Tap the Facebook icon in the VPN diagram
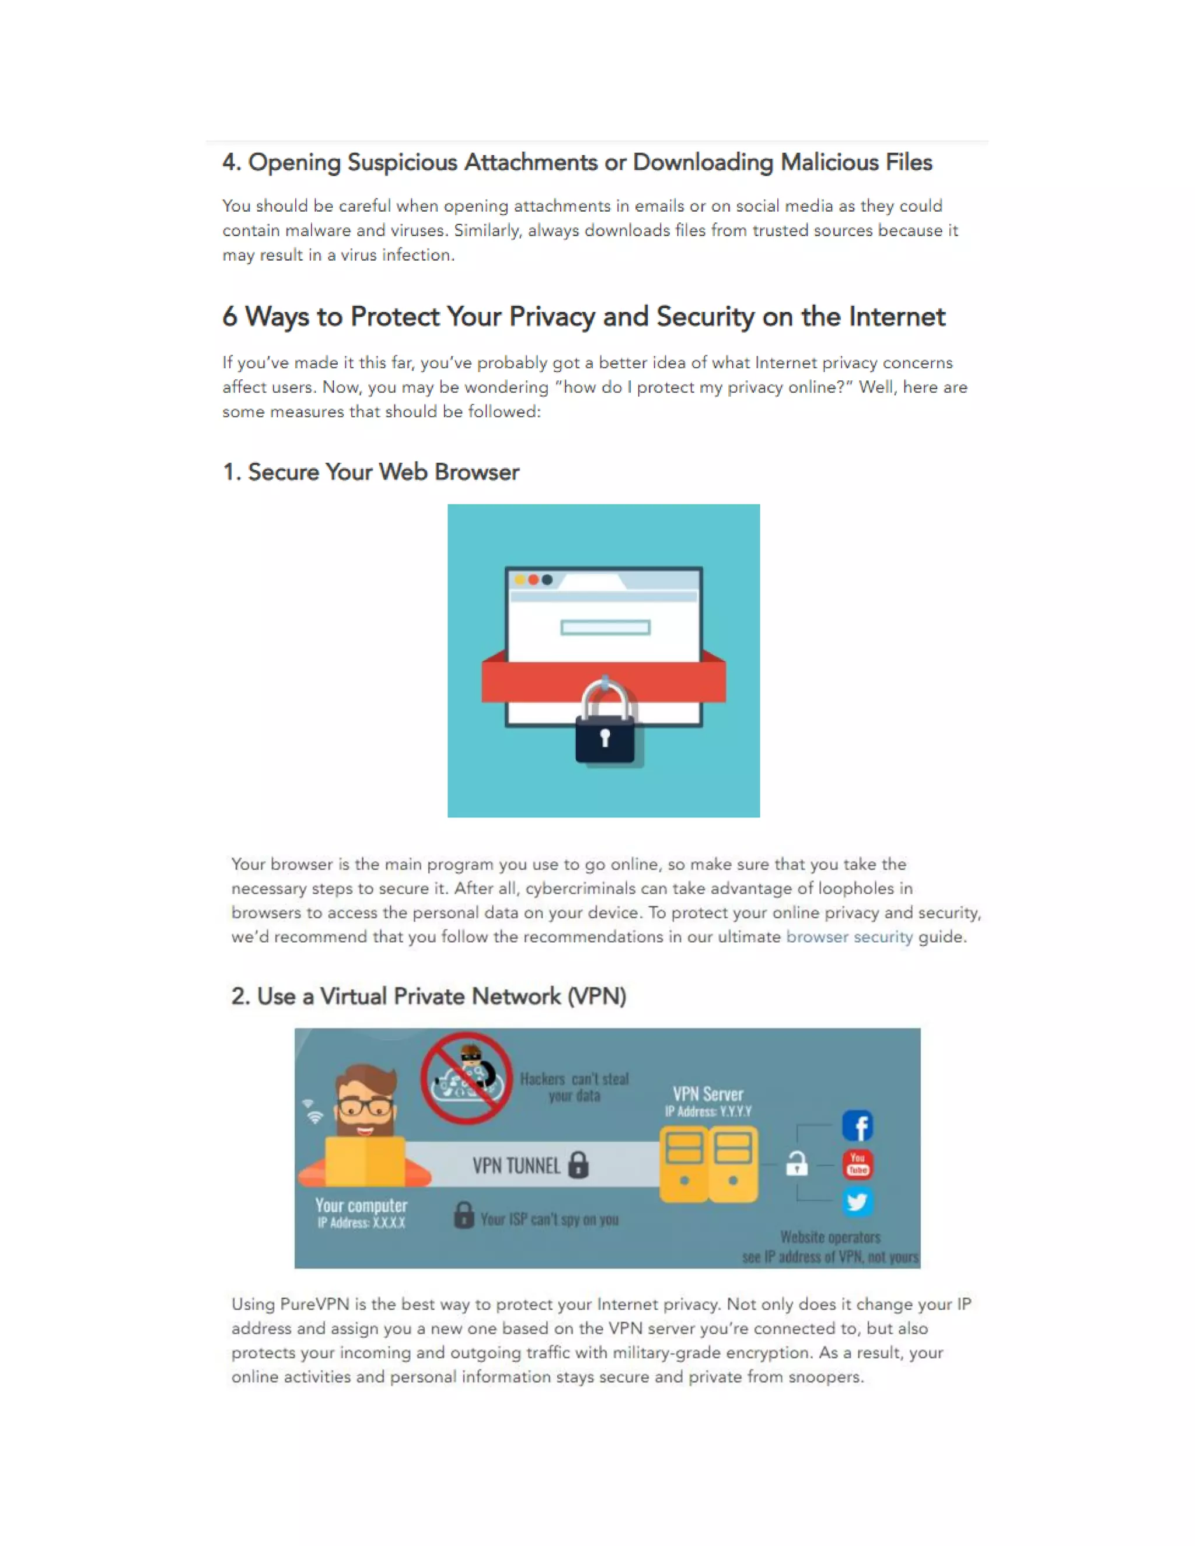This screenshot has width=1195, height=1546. (857, 1125)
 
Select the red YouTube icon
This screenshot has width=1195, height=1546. (857, 1164)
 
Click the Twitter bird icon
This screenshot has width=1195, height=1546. (857, 1201)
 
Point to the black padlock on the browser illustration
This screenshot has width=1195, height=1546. (605, 736)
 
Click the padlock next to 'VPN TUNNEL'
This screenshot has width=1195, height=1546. (578, 1164)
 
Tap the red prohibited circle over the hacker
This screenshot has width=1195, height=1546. (466, 1078)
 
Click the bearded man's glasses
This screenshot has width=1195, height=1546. (365, 1106)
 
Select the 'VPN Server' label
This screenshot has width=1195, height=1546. (708, 1094)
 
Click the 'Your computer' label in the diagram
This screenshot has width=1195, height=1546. (361, 1205)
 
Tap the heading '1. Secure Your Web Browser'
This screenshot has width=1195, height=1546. (371, 471)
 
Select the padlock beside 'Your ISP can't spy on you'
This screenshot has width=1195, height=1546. (464, 1215)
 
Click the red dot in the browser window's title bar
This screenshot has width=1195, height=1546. (533, 580)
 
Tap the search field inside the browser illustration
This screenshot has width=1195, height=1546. (605, 627)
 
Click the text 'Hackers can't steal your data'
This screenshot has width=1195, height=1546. (574, 1087)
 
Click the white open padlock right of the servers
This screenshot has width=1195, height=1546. (797, 1163)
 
